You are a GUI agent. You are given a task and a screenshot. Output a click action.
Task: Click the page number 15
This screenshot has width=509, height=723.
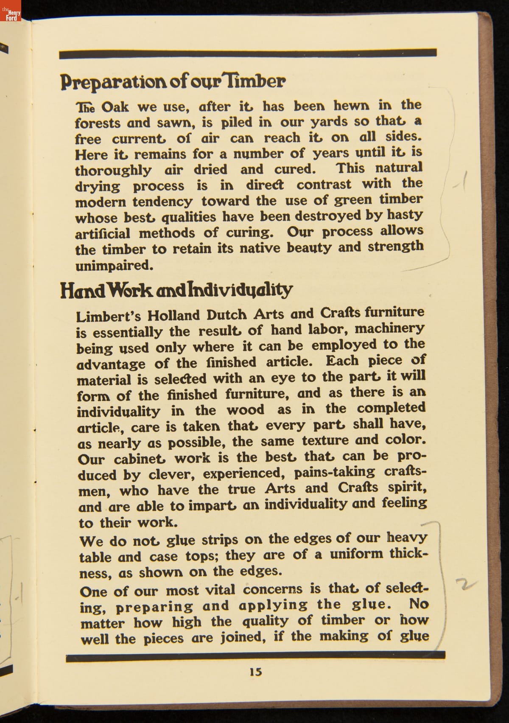pos(256,672)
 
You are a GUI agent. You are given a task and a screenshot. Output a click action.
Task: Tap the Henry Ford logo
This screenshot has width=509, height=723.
pos(10,10)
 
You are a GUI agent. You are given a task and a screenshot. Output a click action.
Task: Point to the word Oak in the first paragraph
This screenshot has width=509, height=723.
pos(115,106)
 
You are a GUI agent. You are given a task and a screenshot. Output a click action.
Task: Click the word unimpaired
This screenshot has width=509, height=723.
pos(114,266)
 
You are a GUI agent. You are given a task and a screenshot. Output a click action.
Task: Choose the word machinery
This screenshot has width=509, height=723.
pos(389,328)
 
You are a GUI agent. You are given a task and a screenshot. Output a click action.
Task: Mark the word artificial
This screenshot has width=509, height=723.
pos(103,233)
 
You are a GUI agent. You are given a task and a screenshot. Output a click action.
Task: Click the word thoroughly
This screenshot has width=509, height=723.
pos(113,170)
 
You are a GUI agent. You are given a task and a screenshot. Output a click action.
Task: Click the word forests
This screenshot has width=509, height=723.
pos(98,123)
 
